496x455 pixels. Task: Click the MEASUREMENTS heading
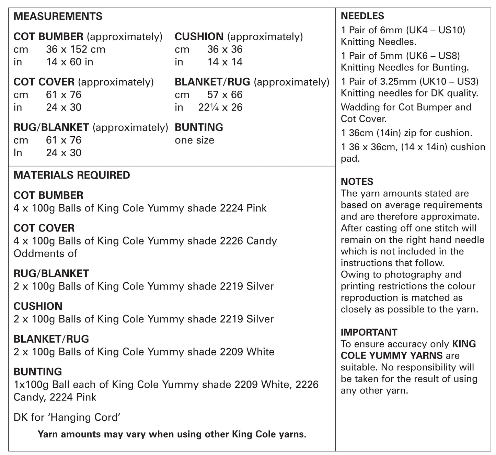coord(58,16)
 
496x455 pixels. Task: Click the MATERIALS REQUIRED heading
coord(72,175)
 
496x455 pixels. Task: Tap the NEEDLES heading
coord(362,16)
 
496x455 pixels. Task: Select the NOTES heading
coord(357,181)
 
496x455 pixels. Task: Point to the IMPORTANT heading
coord(369,332)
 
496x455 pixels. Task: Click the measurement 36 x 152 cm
coord(76,49)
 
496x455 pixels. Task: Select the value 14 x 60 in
coord(70,62)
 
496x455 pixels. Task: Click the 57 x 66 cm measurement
coord(225,95)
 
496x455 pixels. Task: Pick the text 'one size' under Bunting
coord(194,140)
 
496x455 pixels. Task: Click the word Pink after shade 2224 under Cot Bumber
coord(256,208)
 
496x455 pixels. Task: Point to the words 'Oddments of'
coord(45,253)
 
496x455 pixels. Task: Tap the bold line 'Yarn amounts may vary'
coord(172,434)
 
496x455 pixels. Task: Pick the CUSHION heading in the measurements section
coord(199,36)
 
